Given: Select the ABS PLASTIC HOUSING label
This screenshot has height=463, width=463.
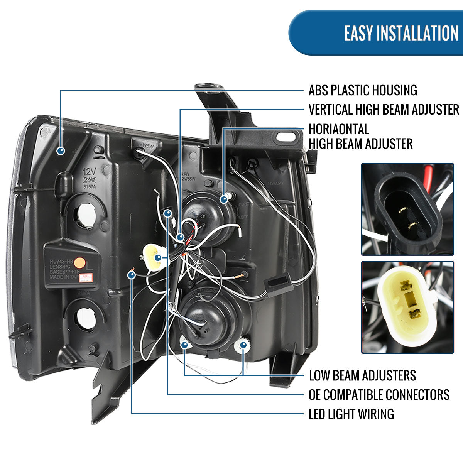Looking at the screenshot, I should click(363, 90).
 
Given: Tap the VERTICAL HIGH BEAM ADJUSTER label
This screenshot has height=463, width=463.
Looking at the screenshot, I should click(384, 110).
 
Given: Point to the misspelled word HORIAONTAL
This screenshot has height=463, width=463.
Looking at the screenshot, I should click(339, 129).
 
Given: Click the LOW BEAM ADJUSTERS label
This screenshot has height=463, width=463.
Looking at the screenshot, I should click(362, 375).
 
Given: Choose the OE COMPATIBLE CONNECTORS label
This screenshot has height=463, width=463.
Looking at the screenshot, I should click(379, 394).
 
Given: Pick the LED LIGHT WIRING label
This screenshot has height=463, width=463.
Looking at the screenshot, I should click(351, 414).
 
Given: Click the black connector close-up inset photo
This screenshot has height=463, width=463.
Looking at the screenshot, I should click(407, 209).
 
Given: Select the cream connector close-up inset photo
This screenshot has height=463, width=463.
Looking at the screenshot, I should click(407, 307).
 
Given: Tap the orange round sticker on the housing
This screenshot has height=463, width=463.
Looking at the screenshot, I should click(79, 263).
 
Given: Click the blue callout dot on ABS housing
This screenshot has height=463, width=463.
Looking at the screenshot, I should click(61, 151).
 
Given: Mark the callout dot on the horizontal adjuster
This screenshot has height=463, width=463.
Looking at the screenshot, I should click(224, 199).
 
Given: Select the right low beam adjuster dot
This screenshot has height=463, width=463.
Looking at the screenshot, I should click(243, 345).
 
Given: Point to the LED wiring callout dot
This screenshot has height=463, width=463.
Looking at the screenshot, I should click(132, 275).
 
